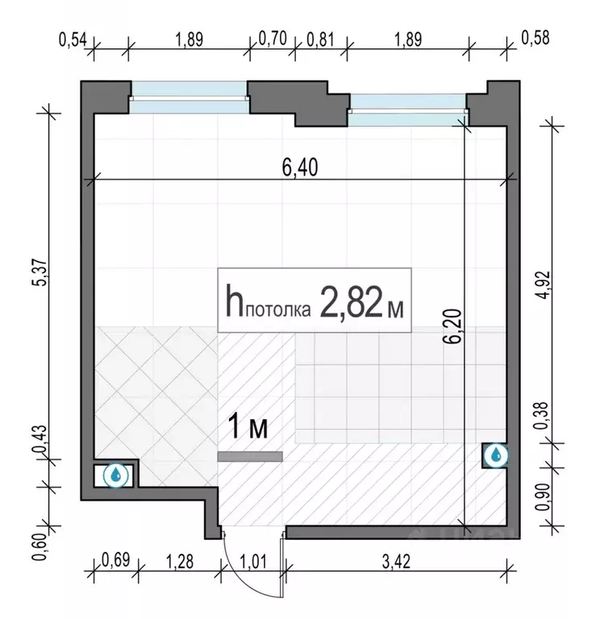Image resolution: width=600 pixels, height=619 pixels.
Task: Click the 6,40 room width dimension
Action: tap(300, 168)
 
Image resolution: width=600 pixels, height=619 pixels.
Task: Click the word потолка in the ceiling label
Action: tap(278, 310)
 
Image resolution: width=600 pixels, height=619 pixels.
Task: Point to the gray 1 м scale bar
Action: tap(250, 456)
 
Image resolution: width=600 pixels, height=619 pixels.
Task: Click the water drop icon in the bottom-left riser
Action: tap(116, 475)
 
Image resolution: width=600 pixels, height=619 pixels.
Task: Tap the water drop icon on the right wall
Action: tap(495, 455)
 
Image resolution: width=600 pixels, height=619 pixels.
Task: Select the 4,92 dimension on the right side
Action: tap(544, 285)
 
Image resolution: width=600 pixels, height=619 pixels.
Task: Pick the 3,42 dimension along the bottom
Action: tap(396, 561)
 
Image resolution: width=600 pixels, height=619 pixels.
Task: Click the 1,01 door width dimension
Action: tap(252, 561)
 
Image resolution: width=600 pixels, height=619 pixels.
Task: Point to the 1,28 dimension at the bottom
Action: tap(179, 561)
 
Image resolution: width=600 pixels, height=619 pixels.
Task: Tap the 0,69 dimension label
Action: tap(116, 559)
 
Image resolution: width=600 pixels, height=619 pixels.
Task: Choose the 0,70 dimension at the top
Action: tap(272, 39)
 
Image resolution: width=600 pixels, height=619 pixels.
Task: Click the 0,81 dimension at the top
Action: tap(320, 39)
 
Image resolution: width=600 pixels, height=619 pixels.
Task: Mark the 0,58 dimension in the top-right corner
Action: tap(535, 39)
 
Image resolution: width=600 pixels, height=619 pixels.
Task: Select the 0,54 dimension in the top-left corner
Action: tap(73, 39)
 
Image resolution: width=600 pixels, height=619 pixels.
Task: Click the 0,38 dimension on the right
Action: tap(541, 415)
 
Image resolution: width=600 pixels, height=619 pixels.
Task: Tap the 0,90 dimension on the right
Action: tap(544, 496)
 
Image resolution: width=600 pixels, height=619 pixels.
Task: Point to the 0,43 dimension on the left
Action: tap(40, 439)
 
